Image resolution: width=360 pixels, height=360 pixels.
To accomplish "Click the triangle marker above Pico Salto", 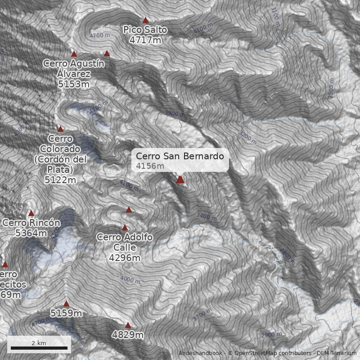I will pyautogui.click(x=145, y=20).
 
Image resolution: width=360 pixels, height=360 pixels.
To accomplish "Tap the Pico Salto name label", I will pyautogui.click(x=145, y=30).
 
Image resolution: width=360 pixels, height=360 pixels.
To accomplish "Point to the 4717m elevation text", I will pyautogui.click(x=145, y=40).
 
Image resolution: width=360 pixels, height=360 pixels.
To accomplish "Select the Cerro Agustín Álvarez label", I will pyautogui.click(x=74, y=68).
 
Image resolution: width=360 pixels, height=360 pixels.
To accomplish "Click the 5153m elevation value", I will pyautogui.click(x=74, y=84).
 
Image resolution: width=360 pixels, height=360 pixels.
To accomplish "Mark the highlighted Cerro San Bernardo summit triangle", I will pyautogui.click(x=180, y=180).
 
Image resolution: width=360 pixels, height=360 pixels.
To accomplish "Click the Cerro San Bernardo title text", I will pyautogui.click(x=180, y=156).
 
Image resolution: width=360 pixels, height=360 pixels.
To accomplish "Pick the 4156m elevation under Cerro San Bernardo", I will pyautogui.click(x=150, y=166).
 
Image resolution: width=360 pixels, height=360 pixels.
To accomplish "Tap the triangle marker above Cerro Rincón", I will pyautogui.click(x=31, y=213).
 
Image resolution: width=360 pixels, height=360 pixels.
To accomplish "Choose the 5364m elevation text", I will pyautogui.click(x=31, y=233).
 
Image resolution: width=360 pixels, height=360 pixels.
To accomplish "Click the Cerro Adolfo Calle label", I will pyautogui.click(x=125, y=242).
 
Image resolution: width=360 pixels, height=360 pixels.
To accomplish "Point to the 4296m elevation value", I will pyautogui.click(x=125, y=258).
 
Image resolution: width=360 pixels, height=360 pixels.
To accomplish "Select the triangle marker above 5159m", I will pyautogui.click(x=67, y=304).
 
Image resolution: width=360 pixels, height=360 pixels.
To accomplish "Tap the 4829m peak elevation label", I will pyautogui.click(x=128, y=335).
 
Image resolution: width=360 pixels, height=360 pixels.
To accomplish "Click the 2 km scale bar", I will pyautogui.click(x=39, y=348).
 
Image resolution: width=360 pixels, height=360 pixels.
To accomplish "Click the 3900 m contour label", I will pyautogui.click(x=175, y=114).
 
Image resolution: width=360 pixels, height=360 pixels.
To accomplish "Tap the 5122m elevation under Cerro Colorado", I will pyautogui.click(x=60, y=180).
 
